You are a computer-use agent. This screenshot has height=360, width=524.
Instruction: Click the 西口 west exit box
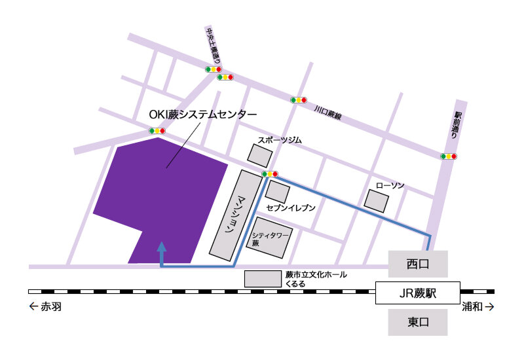(418, 264)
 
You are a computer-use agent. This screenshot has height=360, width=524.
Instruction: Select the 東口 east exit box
(418, 321)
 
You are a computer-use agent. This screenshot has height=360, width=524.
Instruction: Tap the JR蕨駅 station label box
(418, 293)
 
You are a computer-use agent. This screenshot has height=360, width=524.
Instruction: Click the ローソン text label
(390, 186)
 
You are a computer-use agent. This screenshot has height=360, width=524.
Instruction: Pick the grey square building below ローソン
(377, 201)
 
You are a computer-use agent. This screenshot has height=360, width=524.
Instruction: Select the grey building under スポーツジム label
(260, 155)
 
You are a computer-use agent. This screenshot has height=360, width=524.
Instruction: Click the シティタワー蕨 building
(271, 234)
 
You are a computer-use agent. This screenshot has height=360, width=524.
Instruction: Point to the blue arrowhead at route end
(161, 247)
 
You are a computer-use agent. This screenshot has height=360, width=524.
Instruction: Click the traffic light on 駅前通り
(449, 156)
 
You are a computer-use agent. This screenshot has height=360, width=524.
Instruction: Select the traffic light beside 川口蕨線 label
(299, 100)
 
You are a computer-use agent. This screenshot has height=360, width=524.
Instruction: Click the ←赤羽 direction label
(45, 306)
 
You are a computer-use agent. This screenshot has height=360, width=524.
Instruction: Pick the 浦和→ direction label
(477, 306)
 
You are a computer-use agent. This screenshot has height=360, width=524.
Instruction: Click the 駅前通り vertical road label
(457, 124)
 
